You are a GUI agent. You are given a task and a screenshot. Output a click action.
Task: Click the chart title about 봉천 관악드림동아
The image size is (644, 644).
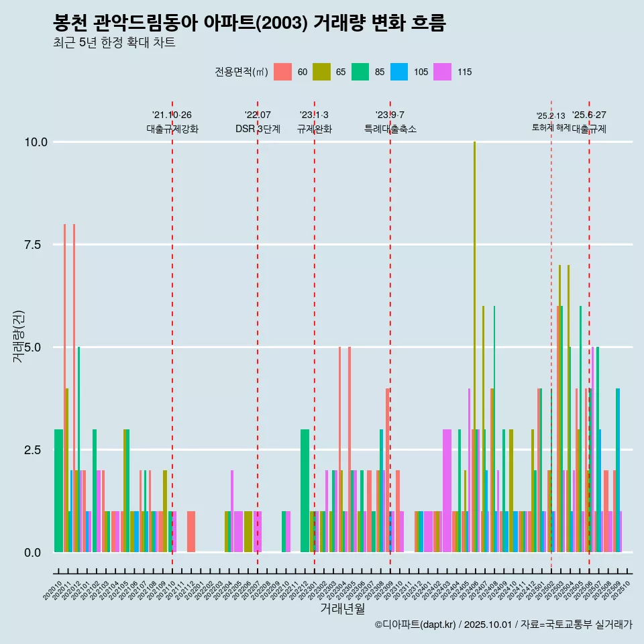pyautogui.click(x=249, y=23)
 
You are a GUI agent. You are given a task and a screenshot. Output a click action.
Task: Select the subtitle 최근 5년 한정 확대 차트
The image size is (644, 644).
pyautogui.click(x=114, y=43)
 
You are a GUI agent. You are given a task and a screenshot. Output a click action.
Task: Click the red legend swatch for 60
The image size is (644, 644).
pyautogui.click(x=283, y=72)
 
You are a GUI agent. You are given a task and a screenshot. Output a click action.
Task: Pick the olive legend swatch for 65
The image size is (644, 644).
pyautogui.click(x=322, y=72)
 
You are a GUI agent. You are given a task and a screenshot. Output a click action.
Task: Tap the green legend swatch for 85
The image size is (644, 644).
pyautogui.click(x=360, y=72)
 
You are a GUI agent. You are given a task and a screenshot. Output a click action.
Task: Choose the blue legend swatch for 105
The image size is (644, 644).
pyautogui.click(x=399, y=72)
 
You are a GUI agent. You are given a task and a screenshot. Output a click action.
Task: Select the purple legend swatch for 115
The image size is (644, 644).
pyautogui.click(x=442, y=72)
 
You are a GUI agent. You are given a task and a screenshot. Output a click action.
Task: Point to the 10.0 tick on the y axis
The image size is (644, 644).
pyautogui.click(x=35, y=142)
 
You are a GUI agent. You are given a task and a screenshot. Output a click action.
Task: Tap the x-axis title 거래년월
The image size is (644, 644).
pyautogui.click(x=342, y=609)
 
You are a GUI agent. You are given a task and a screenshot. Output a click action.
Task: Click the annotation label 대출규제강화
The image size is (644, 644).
pyautogui.click(x=172, y=129)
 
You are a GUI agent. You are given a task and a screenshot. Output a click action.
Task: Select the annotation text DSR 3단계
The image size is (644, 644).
pyautogui.click(x=258, y=129)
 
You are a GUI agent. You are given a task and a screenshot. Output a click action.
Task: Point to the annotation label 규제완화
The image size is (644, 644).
pyautogui.click(x=315, y=129)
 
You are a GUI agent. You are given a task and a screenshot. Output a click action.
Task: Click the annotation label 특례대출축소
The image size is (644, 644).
pyautogui.click(x=390, y=129)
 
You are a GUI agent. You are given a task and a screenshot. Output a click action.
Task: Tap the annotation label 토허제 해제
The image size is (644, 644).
pyautogui.click(x=551, y=127)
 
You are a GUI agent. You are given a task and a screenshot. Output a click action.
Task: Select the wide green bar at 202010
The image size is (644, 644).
pyautogui.click(x=58, y=490)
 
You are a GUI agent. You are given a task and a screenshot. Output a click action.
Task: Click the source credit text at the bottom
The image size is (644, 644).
pyautogui.click(x=503, y=625)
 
